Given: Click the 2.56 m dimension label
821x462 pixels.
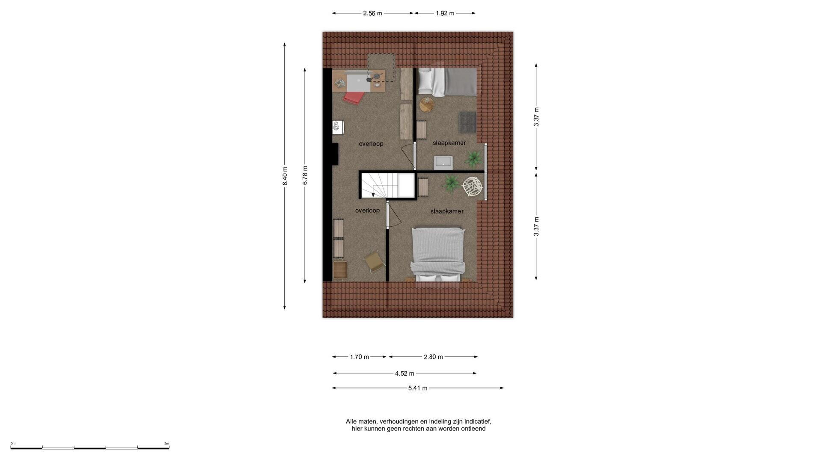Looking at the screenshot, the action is (372, 13).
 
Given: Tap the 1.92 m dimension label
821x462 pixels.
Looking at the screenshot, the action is (445, 13).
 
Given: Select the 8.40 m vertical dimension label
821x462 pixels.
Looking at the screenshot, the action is (285, 176).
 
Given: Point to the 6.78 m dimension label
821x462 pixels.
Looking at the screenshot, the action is (305, 175).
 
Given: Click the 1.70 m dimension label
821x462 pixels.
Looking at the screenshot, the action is (359, 357).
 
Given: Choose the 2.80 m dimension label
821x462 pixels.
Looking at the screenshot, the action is (433, 357).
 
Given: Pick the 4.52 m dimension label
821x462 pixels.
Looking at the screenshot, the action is (404, 373).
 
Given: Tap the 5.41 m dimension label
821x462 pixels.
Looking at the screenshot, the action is (418, 388).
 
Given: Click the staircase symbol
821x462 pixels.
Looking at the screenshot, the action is (379, 185).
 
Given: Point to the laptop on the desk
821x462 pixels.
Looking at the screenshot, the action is (358, 83).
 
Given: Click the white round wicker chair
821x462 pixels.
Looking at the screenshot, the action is (473, 187).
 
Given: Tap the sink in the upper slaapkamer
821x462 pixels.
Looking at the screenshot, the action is (443, 163).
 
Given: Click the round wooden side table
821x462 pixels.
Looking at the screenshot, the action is (427, 104).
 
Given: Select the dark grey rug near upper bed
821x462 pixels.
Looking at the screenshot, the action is (468, 122).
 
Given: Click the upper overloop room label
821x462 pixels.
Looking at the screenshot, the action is (371, 144).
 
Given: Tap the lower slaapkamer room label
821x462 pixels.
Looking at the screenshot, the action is (447, 211).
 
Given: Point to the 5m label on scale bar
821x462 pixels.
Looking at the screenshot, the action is (167, 444).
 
